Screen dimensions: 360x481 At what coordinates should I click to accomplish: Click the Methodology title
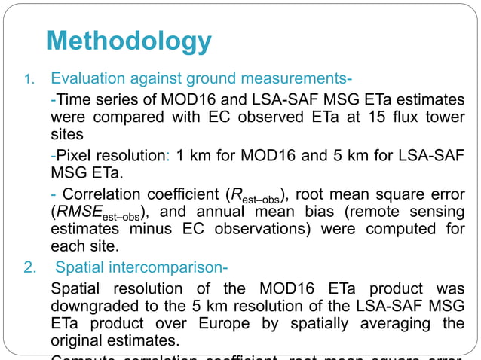tap(128, 41)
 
